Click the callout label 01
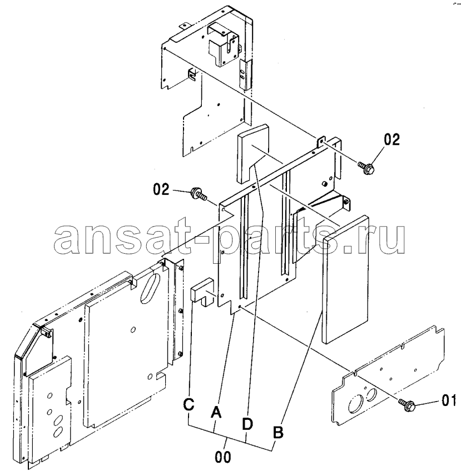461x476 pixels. click(448, 400)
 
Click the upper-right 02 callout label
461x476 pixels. click(391, 139)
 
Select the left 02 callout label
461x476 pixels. click(161, 189)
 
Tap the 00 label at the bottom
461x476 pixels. click(223, 457)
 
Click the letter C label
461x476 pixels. click(189, 405)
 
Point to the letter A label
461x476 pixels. click(216, 412)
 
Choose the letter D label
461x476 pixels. click(247, 424)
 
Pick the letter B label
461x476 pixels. click(278, 432)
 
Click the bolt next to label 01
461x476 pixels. click(407, 404)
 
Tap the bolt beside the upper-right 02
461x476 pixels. click(365, 167)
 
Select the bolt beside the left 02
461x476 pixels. click(199, 194)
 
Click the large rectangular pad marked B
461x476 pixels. click(345, 279)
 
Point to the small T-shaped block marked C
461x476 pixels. click(202, 292)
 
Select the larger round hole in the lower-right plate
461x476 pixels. click(355, 404)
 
